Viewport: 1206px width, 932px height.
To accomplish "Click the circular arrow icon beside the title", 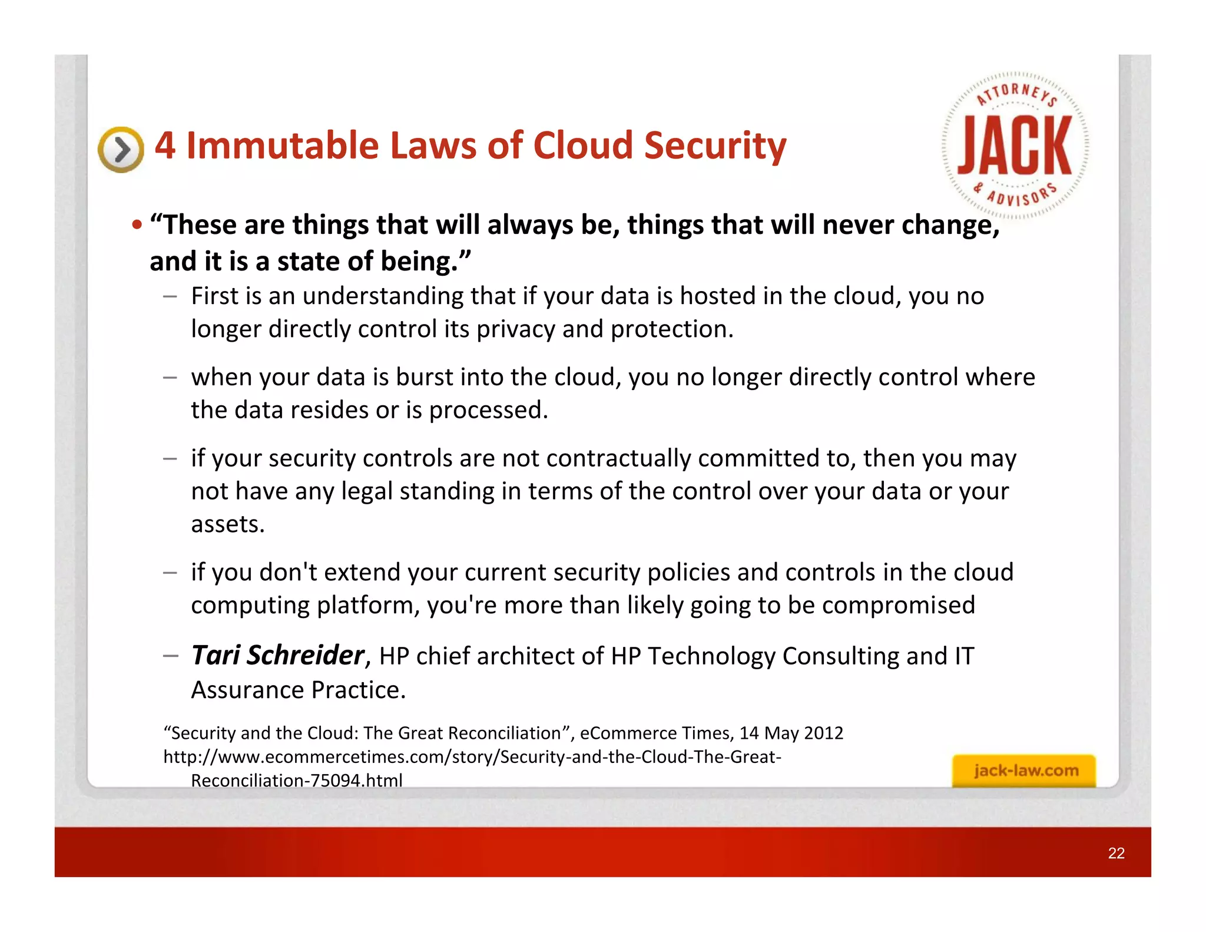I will click(x=121, y=150).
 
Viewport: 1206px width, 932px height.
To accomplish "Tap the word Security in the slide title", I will click(x=715, y=146).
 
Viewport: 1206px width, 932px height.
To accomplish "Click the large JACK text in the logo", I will click(x=1015, y=146).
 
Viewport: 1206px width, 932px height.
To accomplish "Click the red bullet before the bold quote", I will click(x=137, y=225).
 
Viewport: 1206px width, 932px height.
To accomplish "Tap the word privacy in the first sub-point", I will click(x=515, y=329).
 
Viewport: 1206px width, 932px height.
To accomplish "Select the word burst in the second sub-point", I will click(x=424, y=377).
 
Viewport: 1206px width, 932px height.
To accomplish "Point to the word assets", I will click(x=227, y=524).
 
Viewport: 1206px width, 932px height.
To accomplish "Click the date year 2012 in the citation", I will click(x=824, y=733).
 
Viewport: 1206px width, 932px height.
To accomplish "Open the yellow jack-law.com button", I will click(x=1025, y=771).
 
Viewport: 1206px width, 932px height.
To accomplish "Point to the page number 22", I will click(x=1116, y=853).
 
